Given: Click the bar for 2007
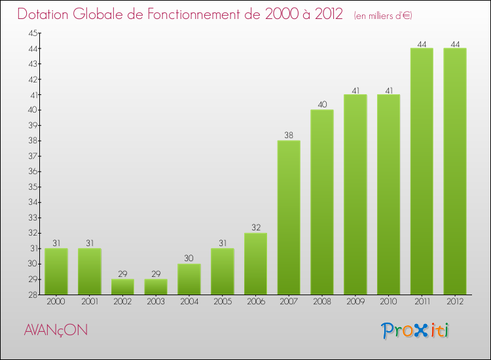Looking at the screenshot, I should pos(289,217).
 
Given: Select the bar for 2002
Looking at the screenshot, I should pos(122,287).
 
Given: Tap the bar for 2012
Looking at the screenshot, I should pos(455,171).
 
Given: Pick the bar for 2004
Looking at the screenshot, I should pos(189,279).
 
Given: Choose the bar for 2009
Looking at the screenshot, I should pos(355,194).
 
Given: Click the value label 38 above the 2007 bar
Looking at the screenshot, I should pos(289,135).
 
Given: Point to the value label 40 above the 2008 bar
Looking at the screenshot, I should pos(322,105).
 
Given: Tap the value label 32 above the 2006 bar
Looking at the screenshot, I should pos(255,228).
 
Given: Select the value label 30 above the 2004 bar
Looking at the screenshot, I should pos(189,259).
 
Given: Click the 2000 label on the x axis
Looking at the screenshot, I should pos(56,302).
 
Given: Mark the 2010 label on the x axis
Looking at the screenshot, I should pos(389,302).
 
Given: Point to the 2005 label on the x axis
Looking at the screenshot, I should pos(223,302).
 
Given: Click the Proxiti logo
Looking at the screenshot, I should pos(414,331).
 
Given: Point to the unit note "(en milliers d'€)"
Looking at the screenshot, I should pos(383,15).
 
